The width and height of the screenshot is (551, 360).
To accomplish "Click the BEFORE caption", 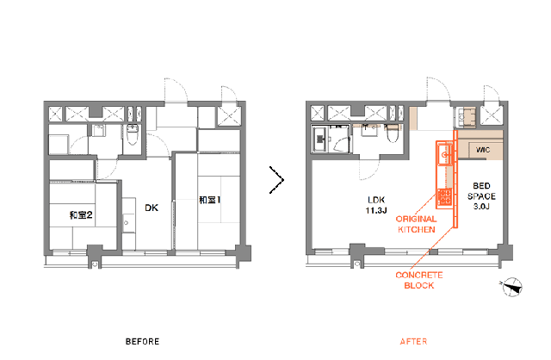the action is (142, 341).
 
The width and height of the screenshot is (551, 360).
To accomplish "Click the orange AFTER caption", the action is (413, 341).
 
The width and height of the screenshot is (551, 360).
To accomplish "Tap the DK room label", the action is (152, 208).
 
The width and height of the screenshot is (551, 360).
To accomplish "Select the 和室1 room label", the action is (209, 200).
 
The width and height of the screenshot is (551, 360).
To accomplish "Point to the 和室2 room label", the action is (81, 214).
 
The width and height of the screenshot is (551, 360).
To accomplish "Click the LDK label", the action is (376, 200).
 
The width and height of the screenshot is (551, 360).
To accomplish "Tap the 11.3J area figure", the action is (376, 211).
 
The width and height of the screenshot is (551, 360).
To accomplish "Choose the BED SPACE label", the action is (481, 190).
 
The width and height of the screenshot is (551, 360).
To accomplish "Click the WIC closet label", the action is (483, 150).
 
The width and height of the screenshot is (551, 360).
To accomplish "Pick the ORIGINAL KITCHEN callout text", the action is (417, 224).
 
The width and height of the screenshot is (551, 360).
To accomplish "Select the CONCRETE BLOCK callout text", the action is (419, 280).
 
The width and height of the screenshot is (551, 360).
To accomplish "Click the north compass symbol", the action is (512, 287).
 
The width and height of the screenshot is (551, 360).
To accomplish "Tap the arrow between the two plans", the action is (276, 180).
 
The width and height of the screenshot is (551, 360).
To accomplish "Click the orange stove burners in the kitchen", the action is (444, 197).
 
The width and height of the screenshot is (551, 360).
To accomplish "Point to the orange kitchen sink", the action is (444, 154).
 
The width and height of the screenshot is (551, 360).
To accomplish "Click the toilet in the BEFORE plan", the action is (133, 134).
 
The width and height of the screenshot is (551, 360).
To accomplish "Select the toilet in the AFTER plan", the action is (392, 133).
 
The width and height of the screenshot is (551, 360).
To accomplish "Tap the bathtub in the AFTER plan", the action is (319, 140).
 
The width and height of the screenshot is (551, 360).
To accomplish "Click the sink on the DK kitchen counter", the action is (127, 223).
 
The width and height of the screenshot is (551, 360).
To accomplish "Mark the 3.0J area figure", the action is (481, 207).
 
